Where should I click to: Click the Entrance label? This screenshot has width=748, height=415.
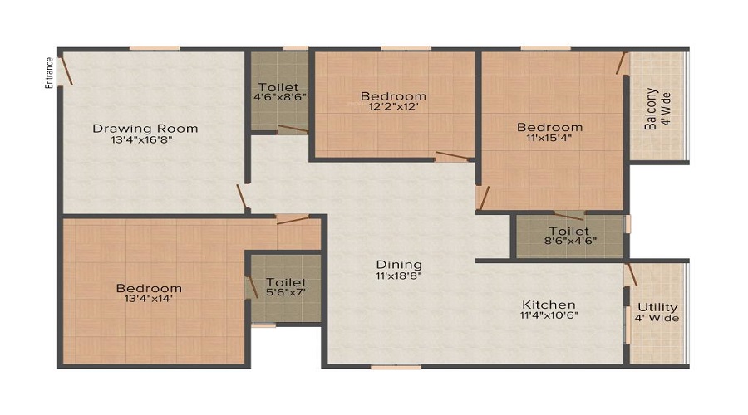point(49,73)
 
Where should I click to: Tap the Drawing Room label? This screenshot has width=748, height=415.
point(145,128)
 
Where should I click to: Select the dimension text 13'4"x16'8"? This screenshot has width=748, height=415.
point(141,140)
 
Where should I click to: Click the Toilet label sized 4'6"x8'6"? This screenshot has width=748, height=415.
point(278,87)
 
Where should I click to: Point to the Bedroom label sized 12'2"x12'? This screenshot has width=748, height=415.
point(394,96)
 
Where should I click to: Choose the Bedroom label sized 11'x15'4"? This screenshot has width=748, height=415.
point(550,127)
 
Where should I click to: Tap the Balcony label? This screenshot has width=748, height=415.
point(651,109)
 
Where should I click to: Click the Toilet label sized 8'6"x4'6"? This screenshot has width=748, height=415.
point(569,232)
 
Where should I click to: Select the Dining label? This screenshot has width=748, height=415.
point(399,265)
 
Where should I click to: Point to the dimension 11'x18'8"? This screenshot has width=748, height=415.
point(399,276)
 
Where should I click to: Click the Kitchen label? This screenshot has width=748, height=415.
point(549,305)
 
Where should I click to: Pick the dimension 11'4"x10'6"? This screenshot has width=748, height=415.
point(549,315)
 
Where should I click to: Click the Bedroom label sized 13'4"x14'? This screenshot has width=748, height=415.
point(149,288)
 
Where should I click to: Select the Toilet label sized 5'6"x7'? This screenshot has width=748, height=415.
point(286,282)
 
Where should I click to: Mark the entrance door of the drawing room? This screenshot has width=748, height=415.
point(65,71)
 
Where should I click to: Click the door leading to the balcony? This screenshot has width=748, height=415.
point(621,63)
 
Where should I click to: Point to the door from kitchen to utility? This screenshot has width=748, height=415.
point(631,275)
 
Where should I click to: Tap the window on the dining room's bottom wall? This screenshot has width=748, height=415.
point(396,367)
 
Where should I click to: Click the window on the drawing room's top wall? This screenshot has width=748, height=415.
point(155,48)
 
